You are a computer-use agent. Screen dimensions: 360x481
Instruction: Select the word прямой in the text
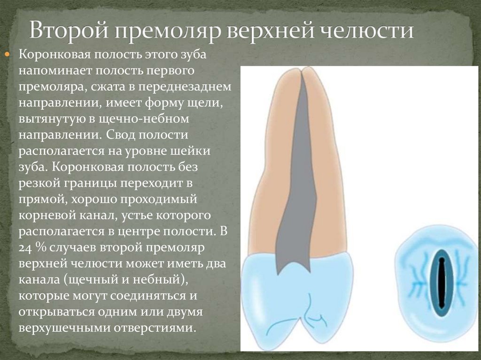[41, 199]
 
